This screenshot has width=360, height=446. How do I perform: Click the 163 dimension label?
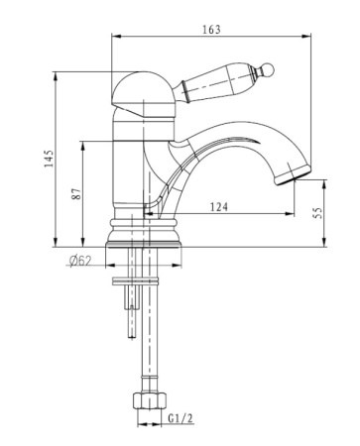point(211,30)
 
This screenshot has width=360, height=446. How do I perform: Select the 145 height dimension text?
point(49,159)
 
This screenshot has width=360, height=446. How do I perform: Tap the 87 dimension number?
point(76,193)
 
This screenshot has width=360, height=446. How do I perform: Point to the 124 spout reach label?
point(219,207)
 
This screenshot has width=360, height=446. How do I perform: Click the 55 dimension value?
point(317,213)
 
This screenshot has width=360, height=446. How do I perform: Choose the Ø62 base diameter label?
point(79,261)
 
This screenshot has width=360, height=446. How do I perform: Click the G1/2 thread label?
point(180,418)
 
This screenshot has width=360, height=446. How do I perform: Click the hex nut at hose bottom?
point(149,400)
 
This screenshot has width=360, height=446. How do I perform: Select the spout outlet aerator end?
point(293,175)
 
